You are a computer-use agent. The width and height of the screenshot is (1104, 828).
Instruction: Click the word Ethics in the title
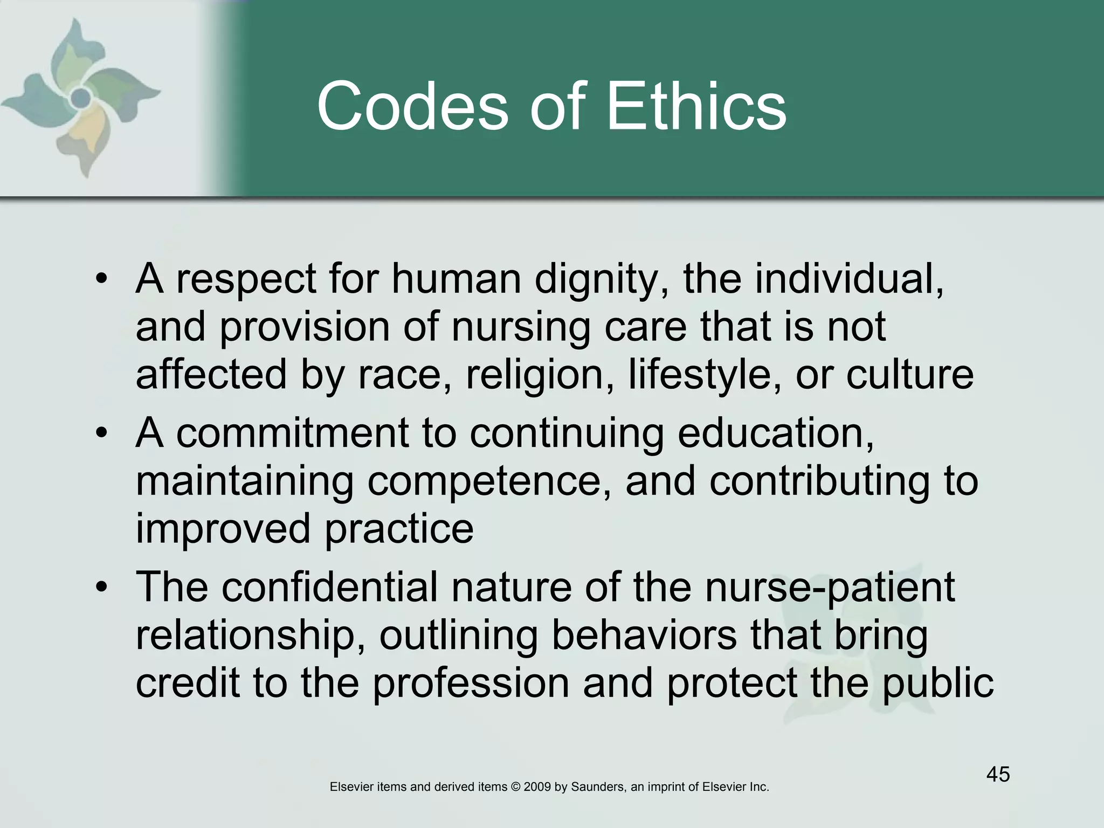pyautogui.click(x=696, y=106)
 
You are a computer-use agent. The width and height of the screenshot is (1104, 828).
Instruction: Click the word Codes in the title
pyautogui.click(x=412, y=106)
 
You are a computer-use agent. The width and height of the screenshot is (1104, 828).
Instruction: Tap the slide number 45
pyautogui.click(x=998, y=775)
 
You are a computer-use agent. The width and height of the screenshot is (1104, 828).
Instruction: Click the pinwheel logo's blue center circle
pyautogui.click(x=81, y=98)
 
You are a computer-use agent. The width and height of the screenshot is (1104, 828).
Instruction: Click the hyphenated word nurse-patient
pyautogui.click(x=830, y=587)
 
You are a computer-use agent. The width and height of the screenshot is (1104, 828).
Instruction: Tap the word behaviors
pyautogui.click(x=644, y=635)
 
